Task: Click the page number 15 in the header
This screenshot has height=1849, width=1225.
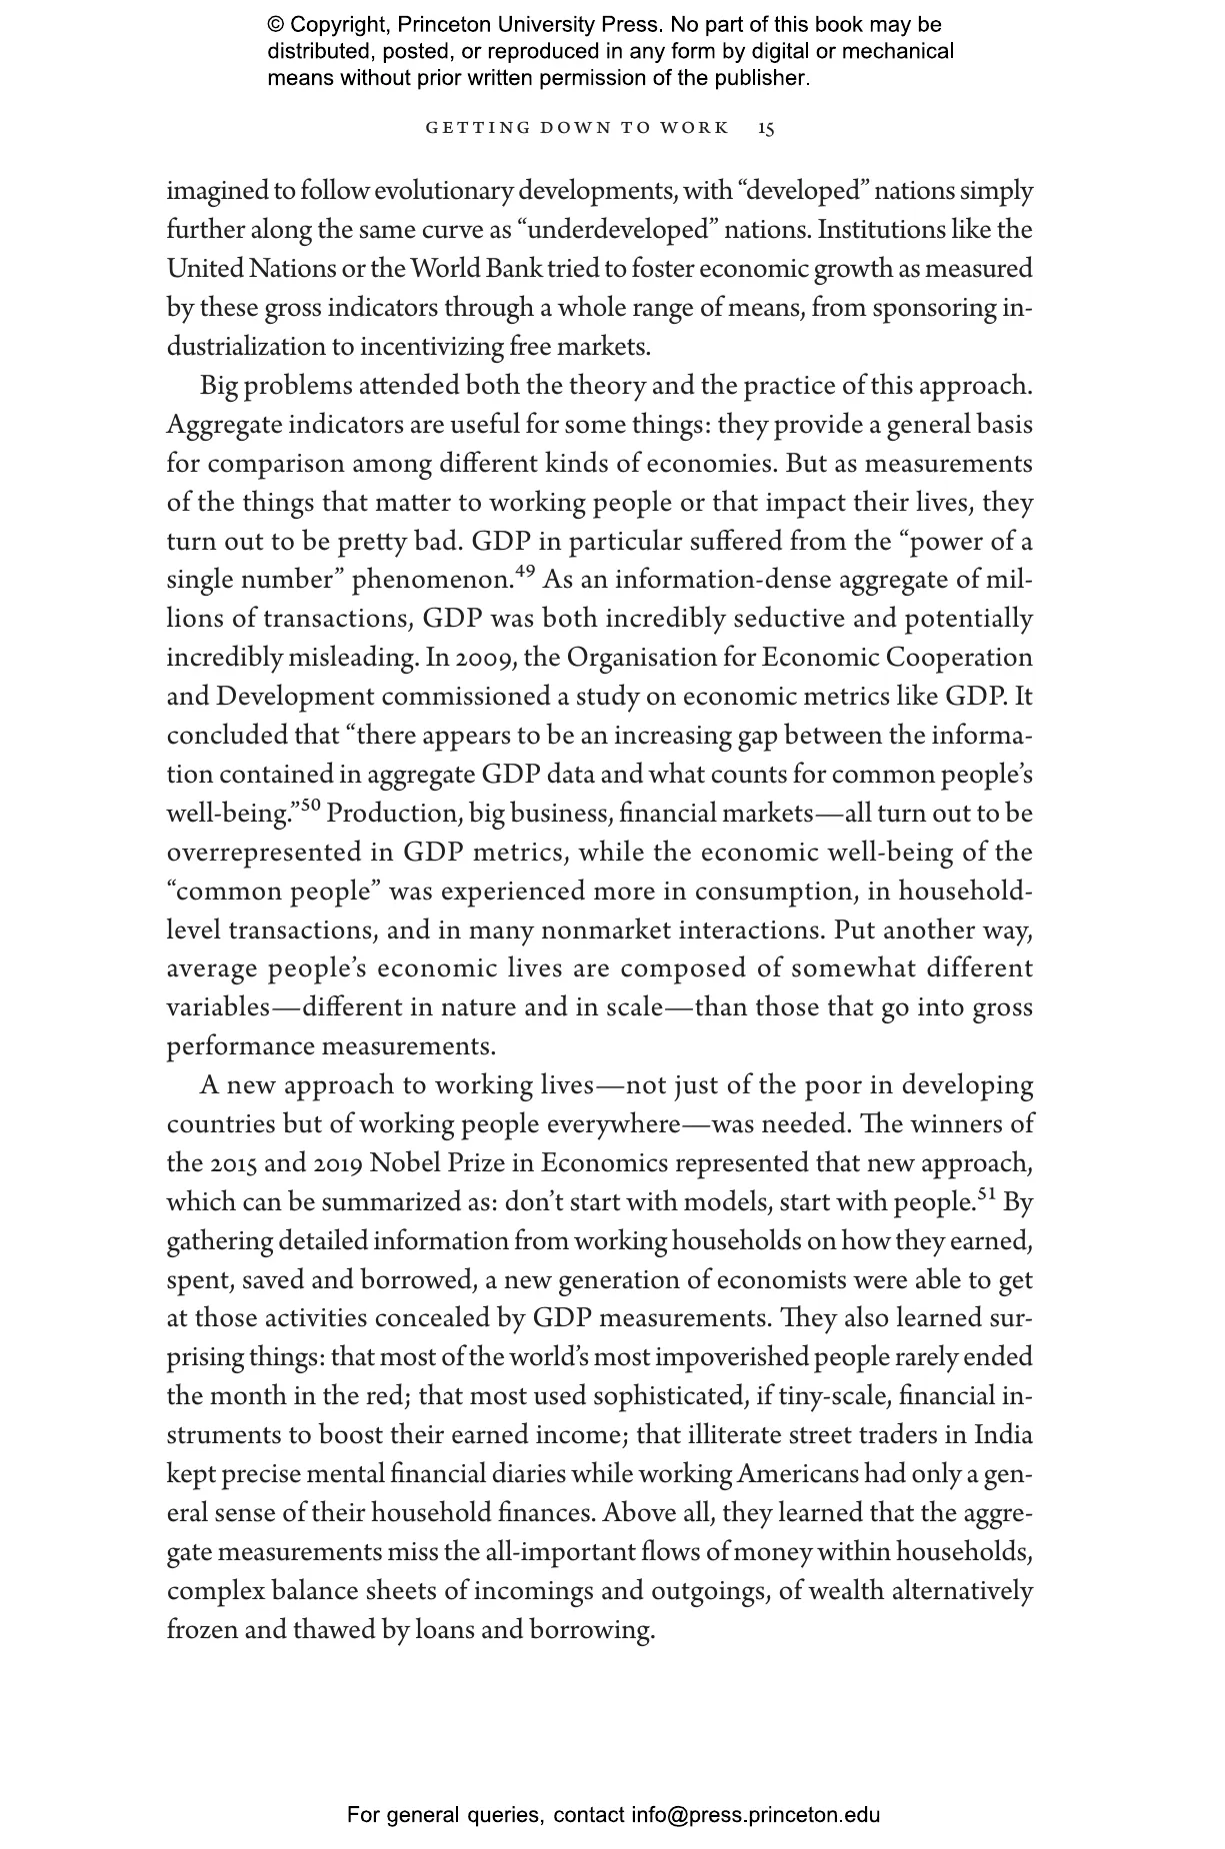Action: click(766, 128)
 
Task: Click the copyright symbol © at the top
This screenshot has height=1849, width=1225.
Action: click(275, 25)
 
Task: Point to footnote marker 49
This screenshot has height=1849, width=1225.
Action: click(525, 572)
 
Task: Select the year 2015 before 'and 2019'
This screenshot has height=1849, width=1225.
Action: click(233, 1164)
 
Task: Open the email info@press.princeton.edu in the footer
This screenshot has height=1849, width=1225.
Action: click(755, 1815)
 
